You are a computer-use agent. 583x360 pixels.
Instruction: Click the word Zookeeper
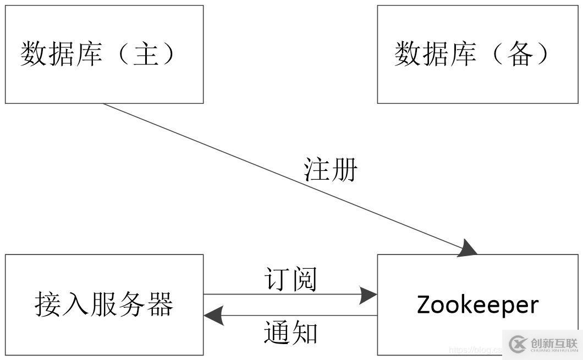coord(477,304)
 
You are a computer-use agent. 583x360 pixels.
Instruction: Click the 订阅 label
coord(290,279)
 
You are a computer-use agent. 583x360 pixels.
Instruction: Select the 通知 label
coord(290,333)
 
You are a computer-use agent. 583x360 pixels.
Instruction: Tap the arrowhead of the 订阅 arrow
coord(368,295)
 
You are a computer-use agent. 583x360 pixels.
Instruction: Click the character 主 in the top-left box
coord(146,54)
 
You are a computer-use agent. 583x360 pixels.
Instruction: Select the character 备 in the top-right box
coord(520,54)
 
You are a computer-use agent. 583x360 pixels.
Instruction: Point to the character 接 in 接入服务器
coord(48,304)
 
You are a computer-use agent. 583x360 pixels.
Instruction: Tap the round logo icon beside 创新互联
coord(518,344)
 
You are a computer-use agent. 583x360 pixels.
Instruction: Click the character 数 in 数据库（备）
coord(407,54)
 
